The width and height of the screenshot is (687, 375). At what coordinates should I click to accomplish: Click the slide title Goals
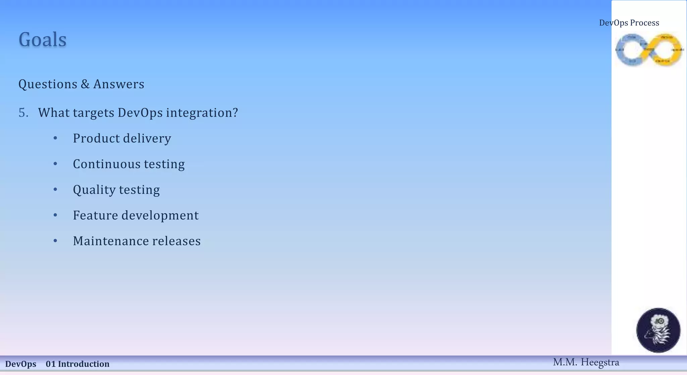coord(42,40)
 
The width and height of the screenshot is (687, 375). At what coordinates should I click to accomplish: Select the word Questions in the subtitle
coord(48,84)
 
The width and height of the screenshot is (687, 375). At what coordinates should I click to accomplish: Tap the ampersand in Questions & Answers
coord(85,84)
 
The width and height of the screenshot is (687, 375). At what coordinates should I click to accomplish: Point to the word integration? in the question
coord(202,113)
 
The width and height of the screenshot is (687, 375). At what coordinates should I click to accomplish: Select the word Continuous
coord(106,164)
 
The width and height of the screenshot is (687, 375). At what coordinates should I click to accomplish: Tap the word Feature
coord(95,216)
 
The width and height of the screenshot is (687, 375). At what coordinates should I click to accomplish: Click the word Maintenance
coord(111,241)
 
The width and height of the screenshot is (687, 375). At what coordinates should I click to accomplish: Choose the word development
coord(160,216)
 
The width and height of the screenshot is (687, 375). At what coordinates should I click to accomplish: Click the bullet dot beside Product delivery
coord(55,138)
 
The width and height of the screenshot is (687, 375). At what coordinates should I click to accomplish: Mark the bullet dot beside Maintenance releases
coord(55,241)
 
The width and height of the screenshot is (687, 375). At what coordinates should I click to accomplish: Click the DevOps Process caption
coord(629,23)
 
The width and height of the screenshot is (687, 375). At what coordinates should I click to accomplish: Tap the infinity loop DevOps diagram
coord(649,50)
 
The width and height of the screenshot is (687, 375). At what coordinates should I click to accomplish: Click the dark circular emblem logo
coord(658,330)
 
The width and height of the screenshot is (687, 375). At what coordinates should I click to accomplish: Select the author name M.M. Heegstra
coord(586,363)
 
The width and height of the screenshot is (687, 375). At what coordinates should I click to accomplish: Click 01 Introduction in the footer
coord(77,364)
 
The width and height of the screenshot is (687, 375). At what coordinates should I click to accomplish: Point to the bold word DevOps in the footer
coord(21,364)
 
